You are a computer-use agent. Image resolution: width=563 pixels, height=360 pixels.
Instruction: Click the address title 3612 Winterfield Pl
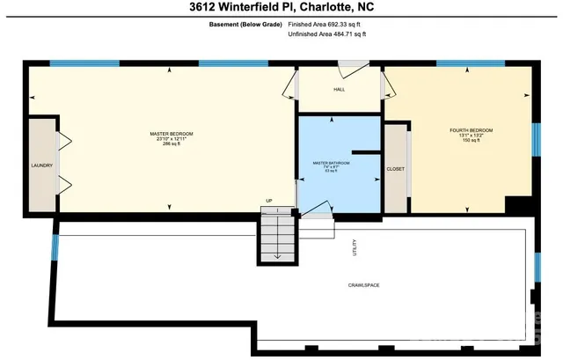point(281,9)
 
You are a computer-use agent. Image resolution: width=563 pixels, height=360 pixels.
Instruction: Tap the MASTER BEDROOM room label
point(171,133)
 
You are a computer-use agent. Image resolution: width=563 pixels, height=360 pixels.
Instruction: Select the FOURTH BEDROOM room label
point(471,130)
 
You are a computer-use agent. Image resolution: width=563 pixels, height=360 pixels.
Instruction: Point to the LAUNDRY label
point(41,165)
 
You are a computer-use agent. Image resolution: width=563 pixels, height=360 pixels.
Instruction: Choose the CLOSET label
point(396,168)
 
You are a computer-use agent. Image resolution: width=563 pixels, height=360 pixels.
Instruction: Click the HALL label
point(340,89)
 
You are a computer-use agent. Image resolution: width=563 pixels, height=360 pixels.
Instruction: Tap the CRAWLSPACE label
point(362,285)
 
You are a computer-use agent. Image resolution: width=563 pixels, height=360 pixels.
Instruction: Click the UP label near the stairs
point(269,201)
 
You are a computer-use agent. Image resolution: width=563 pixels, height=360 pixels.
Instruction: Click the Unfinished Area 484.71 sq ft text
point(326,34)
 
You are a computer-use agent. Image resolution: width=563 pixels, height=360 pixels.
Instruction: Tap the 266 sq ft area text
point(171,144)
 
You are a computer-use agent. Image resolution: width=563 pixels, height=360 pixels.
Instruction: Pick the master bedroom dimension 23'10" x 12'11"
point(171,138)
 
